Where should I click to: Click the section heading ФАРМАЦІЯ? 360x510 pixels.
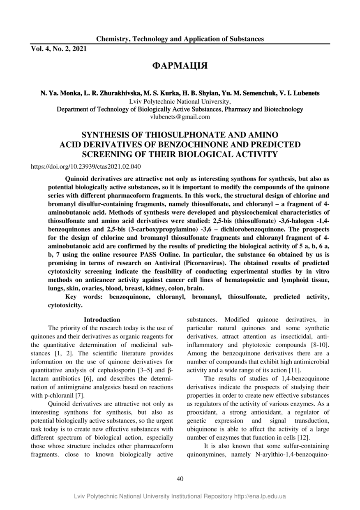180,66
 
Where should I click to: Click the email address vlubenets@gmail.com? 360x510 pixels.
180,117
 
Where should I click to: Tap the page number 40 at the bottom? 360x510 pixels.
180,478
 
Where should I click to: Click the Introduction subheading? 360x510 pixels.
102,320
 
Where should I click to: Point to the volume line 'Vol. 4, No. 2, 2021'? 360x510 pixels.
59,49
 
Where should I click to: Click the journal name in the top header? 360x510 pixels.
180,39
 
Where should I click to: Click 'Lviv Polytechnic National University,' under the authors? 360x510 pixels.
180,101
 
